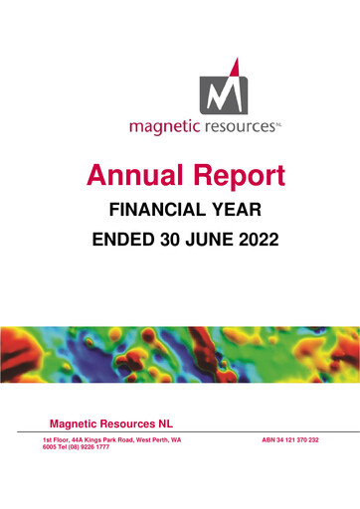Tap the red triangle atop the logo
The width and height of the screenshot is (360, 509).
click(x=235, y=66)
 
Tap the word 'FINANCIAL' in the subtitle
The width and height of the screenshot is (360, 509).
click(x=150, y=211)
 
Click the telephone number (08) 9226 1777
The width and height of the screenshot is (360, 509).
click(x=88, y=447)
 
